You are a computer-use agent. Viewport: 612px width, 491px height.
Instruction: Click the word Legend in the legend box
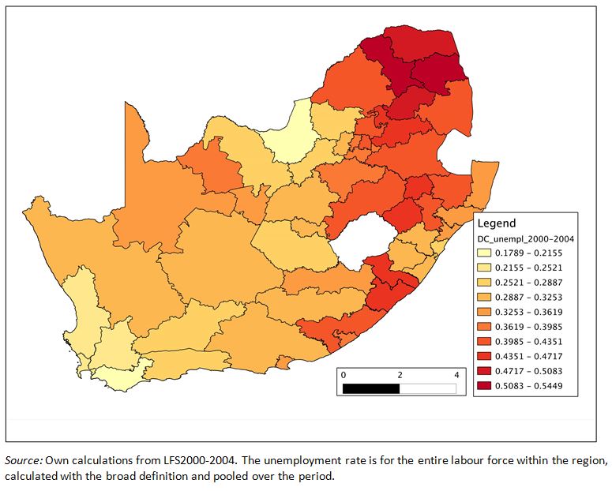(495, 223)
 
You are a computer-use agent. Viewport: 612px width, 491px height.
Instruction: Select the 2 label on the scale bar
(400, 374)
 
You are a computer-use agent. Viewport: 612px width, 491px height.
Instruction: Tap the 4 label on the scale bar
(456, 374)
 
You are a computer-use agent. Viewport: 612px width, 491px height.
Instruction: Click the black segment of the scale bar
(371, 388)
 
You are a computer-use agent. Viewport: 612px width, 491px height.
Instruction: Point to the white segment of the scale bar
(428, 388)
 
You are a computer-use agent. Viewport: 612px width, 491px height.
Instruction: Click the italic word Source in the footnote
(24, 459)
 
